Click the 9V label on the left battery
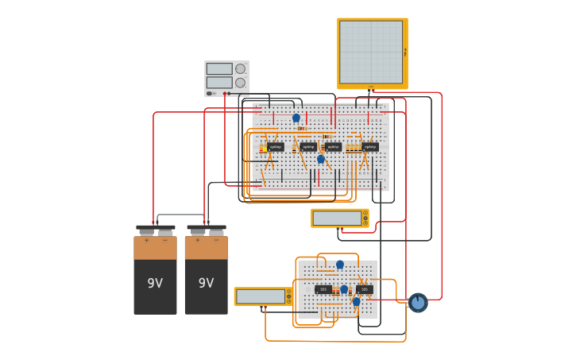tap(155, 283)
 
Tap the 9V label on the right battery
tap(206, 283)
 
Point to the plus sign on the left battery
tap(146, 240)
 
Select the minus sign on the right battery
tap(216, 240)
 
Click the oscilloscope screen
tap(371, 52)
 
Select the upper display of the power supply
tap(219, 69)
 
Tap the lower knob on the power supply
tap(240, 83)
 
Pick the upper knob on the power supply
tap(240, 69)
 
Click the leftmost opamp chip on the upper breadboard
tap(275, 147)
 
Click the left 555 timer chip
tap(323, 289)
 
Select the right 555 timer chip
tap(365, 289)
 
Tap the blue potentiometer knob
tap(418, 303)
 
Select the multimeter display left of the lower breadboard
tap(261, 296)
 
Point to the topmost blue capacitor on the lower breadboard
tap(340, 265)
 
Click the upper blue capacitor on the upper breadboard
tap(296, 118)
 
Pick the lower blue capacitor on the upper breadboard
tap(321, 159)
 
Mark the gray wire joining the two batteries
tap(180, 215)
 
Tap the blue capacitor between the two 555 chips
tap(344, 289)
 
